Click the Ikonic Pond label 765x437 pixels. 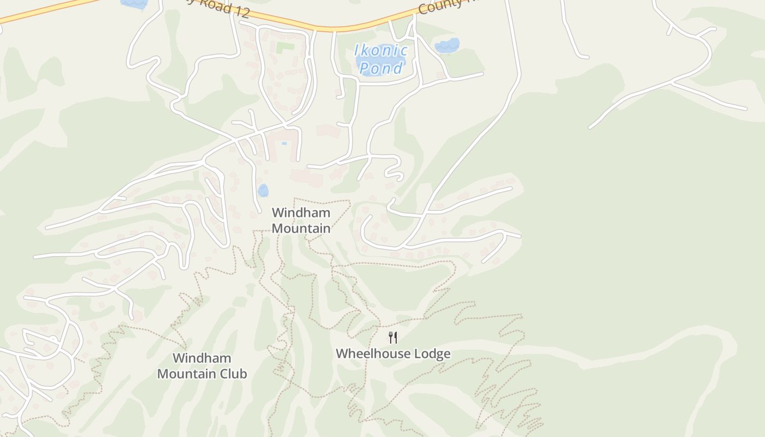pos(381,59)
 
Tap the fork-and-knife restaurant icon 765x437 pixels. pos(392,337)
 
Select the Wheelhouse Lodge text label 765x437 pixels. pos(393,353)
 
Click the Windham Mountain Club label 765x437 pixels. pos(202,366)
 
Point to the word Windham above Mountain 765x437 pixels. pos(301,212)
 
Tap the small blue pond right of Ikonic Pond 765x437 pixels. pos(448,46)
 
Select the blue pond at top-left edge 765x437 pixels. pos(134,3)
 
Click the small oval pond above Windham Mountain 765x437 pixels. pos(263,191)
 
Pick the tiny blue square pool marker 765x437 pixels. pos(284,143)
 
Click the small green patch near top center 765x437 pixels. pos(285,48)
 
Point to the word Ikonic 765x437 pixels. pos(381,51)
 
